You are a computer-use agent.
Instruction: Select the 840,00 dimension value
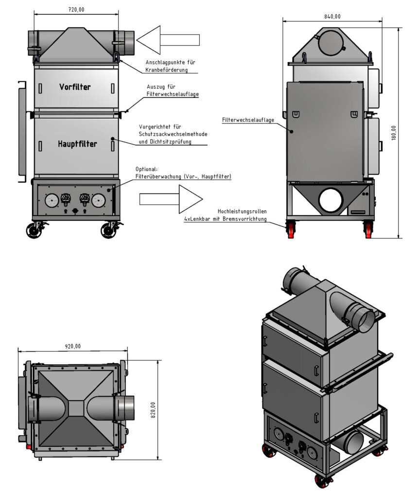[x=332, y=17]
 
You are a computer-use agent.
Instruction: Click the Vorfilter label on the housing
[x=75, y=88]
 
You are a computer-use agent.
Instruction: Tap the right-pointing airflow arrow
[x=171, y=199]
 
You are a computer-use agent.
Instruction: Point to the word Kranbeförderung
[x=166, y=70]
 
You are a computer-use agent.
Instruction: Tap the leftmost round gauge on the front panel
[x=51, y=200]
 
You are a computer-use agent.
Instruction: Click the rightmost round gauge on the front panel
[x=99, y=200]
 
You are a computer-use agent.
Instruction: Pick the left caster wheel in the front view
[x=34, y=230]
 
